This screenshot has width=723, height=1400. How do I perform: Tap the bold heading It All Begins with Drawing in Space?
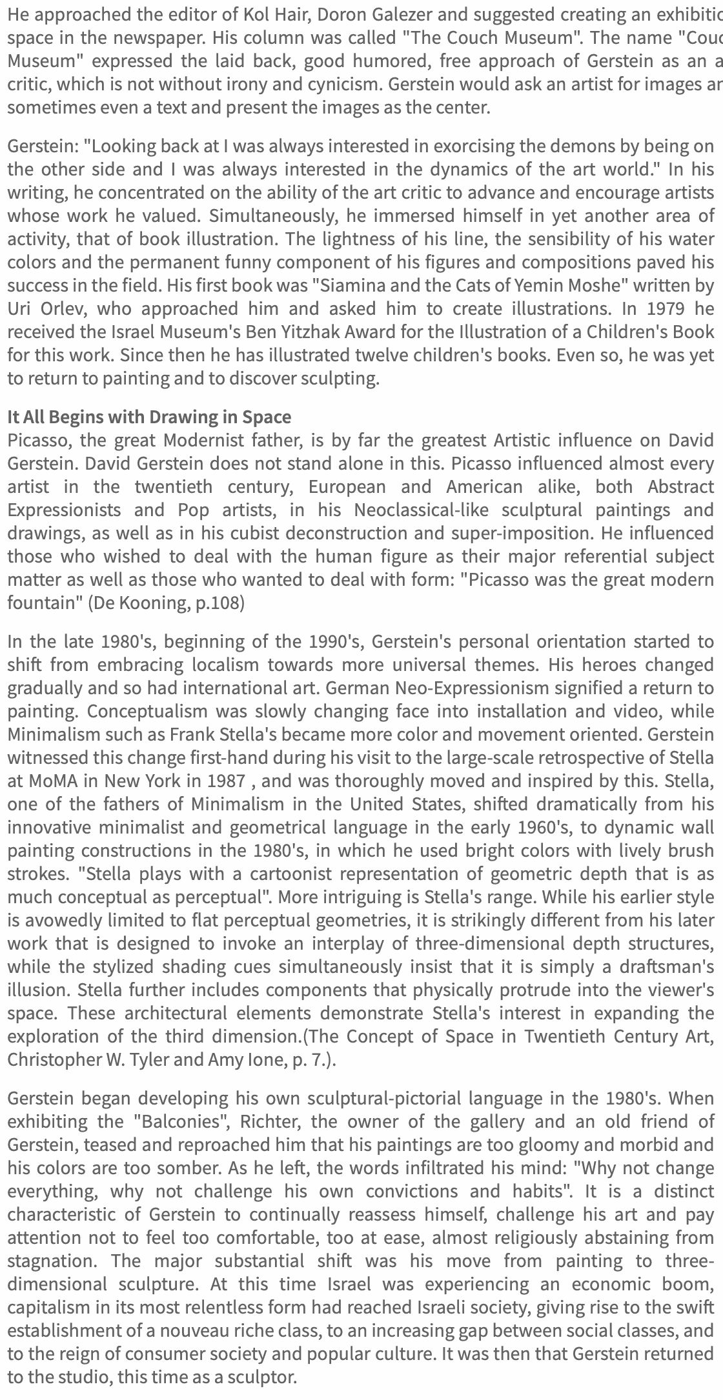point(149,417)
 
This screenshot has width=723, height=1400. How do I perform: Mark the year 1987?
point(226,781)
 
